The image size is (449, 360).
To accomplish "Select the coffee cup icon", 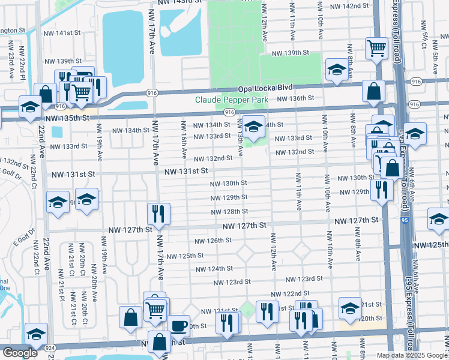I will [178, 325].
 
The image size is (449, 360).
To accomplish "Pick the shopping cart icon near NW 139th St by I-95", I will [376, 47].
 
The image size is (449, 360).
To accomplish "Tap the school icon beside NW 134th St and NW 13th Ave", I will [253, 127].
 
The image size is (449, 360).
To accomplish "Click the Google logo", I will [19, 353].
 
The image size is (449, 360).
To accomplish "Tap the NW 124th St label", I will [217, 268].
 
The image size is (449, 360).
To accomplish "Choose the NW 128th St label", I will [229, 212].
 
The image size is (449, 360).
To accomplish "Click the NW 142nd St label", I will [351, 5].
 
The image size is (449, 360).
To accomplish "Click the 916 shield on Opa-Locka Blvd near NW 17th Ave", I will [152, 93].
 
